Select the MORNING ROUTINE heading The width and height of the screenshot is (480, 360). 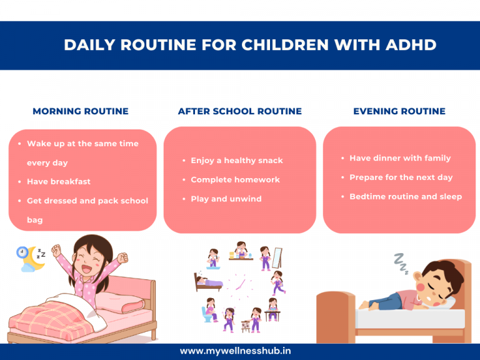pyautogui.click(x=81, y=111)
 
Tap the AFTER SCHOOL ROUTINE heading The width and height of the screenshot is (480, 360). pyautogui.click(x=240, y=111)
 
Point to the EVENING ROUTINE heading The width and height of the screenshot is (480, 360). pyautogui.click(x=399, y=111)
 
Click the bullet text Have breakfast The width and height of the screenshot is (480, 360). pyautogui.click(x=59, y=181)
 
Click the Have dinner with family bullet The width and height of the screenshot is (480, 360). pyautogui.click(x=400, y=158)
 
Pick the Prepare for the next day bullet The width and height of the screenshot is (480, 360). pyautogui.click(x=401, y=177)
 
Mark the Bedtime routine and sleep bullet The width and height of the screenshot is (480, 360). pyautogui.click(x=406, y=196)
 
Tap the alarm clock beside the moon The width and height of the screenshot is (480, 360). pyautogui.click(x=22, y=252)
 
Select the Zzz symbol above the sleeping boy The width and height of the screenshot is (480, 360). pyautogui.click(x=401, y=263)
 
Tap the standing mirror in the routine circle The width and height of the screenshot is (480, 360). pyautogui.click(x=278, y=257)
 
